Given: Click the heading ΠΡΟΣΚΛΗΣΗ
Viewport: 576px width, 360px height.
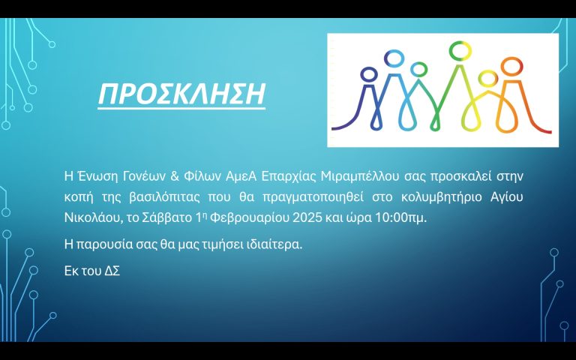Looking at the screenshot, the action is click(x=181, y=94).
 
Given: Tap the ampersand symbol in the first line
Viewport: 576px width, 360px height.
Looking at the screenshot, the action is click(x=175, y=176).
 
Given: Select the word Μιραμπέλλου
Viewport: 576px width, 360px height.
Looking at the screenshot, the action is click(x=360, y=177).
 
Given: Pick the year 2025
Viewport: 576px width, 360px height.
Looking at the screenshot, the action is click(x=307, y=217).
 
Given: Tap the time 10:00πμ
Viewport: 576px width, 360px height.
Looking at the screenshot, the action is click(x=400, y=218).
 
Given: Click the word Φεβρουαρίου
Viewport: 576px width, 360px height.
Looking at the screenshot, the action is click(x=250, y=218).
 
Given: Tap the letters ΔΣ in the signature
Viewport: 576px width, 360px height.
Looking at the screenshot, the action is click(x=112, y=271).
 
